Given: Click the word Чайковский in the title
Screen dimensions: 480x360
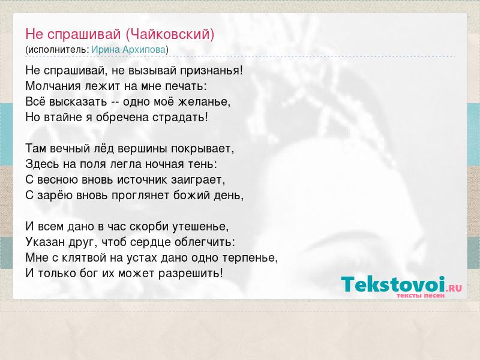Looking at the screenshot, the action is (170, 34).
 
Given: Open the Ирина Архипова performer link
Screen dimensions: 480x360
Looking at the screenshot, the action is (128, 50).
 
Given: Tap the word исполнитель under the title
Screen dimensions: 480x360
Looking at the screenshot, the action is (58, 50).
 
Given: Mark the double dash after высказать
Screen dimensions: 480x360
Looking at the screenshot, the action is (115, 102).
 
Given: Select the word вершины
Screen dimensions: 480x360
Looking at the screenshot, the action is (142, 149).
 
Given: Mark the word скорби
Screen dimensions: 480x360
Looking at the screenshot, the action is (149, 227).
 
